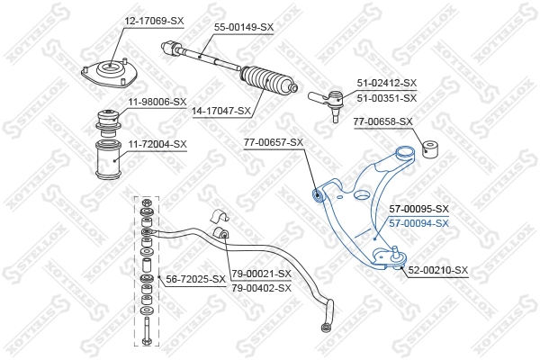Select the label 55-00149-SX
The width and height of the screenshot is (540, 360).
click(243, 28)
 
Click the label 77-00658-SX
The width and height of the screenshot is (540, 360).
click(382, 121)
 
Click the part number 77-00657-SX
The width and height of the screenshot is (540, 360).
click(274, 142)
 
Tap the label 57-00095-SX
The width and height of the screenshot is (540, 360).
click(418, 209)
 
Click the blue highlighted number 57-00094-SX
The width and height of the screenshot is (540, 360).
click(418, 222)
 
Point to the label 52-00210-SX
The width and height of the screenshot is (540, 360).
click(439, 270)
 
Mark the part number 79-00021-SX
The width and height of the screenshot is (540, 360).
click(261, 273)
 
